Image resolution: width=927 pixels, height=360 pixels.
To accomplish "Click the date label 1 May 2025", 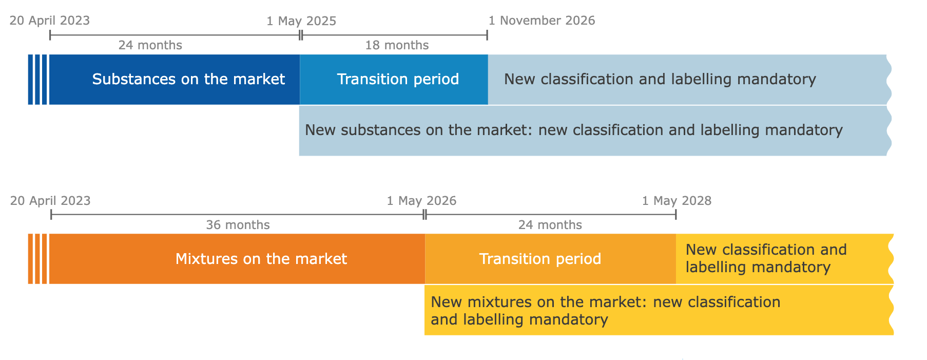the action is click(301, 21).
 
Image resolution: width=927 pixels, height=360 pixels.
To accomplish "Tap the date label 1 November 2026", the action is click(542, 21).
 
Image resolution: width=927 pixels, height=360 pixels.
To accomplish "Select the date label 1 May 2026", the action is click(421, 201).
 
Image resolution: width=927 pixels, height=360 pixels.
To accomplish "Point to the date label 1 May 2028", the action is click(677, 201).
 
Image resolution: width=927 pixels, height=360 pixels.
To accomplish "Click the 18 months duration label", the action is click(397, 45).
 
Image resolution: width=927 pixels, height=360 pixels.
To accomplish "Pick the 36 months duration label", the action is click(238, 225).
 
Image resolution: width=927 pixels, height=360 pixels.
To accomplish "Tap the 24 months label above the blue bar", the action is click(150, 45).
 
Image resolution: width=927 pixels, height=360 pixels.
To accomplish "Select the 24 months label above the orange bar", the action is click(550, 225).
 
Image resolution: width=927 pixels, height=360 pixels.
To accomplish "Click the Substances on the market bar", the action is click(175, 80).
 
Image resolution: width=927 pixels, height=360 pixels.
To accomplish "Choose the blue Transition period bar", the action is click(394, 80).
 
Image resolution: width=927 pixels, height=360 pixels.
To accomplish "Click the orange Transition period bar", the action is click(550, 259).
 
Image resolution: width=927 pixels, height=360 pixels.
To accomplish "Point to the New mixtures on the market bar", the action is click(659, 310).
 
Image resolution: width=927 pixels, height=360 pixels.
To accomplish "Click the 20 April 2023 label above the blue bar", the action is click(50, 21).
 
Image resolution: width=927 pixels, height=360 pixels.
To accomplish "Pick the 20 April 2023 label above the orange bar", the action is click(50, 201).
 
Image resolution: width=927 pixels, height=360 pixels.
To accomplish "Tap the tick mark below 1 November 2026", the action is click(487, 35).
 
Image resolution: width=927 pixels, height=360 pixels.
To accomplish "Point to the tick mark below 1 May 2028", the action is click(676, 215).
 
